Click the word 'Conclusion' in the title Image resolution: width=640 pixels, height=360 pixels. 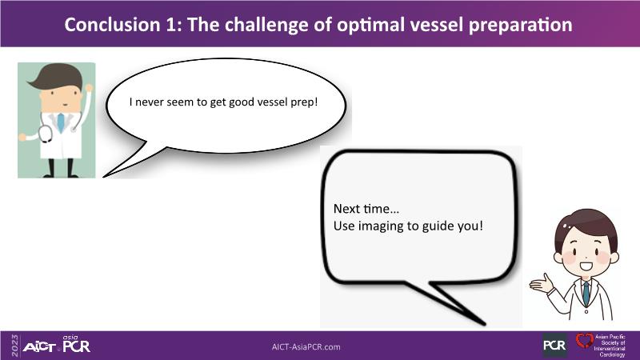(x=113, y=25)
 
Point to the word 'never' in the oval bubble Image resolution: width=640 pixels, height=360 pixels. (x=149, y=102)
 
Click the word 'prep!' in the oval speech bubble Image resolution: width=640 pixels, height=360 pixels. (x=304, y=102)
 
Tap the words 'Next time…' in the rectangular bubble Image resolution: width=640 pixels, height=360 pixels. (x=366, y=209)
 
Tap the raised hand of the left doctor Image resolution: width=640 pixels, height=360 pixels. (x=89, y=88)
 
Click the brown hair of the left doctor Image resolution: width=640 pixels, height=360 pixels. (x=56, y=76)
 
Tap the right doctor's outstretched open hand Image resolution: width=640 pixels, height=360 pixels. (x=542, y=284)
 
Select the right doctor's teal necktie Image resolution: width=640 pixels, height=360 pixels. (x=586, y=293)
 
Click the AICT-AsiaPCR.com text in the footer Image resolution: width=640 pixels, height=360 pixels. (x=306, y=347)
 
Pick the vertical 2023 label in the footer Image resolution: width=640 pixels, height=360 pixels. (x=15, y=346)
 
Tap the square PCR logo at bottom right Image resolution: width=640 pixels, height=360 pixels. (x=554, y=346)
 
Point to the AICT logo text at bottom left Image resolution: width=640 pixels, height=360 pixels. (x=39, y=347)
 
